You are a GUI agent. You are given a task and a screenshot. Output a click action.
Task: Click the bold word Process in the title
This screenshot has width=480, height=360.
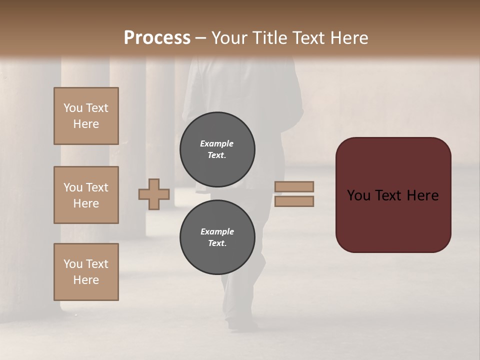pyautogui.click(x=157, y=38)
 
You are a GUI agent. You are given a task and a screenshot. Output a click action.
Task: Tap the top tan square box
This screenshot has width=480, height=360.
pyautogui.click(x=86, y=116)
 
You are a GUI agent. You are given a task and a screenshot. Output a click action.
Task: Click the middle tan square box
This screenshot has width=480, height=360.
pyautogui.click(x=86, y=195)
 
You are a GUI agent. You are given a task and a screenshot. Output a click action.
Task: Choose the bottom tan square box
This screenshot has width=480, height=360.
pyautogui.click(x=86, y=272)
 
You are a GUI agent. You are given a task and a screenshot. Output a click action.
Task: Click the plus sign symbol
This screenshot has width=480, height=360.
pyautogui.click(x=154, y=194)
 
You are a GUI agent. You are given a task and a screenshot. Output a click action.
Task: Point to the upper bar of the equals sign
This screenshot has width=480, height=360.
pyautogui.click(x=294, y=186)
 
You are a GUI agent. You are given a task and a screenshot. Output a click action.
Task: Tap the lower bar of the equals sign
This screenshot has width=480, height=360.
pyautogui.click(x=294, y=201)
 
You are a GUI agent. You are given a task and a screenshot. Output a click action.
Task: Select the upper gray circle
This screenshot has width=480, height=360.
pyautogui.click(x=217, y=149)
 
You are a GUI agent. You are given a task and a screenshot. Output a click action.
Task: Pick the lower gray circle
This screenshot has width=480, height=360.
pyautogui.click(x=217, y=237)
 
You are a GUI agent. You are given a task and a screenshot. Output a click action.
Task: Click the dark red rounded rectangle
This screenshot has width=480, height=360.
pyautogui.click(x=393, y=195)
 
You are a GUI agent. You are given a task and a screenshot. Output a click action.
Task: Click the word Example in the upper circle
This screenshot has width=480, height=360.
pyautogui.click(x=216, y=143)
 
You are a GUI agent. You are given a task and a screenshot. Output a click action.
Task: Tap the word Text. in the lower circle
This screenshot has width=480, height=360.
pyautogui.click(x=217, y=243)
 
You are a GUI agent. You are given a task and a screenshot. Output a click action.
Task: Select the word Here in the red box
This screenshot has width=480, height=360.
pyautogui.click(x=422, y=195)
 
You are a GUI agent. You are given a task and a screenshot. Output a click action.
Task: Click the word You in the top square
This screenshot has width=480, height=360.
pyautogui.click(x=72, y=108)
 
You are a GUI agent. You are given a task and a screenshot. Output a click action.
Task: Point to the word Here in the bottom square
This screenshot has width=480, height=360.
pyautogui.click(x=86, y=280)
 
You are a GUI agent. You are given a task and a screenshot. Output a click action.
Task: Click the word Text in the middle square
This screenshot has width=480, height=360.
pyautogui.click(x=97, y=187)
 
